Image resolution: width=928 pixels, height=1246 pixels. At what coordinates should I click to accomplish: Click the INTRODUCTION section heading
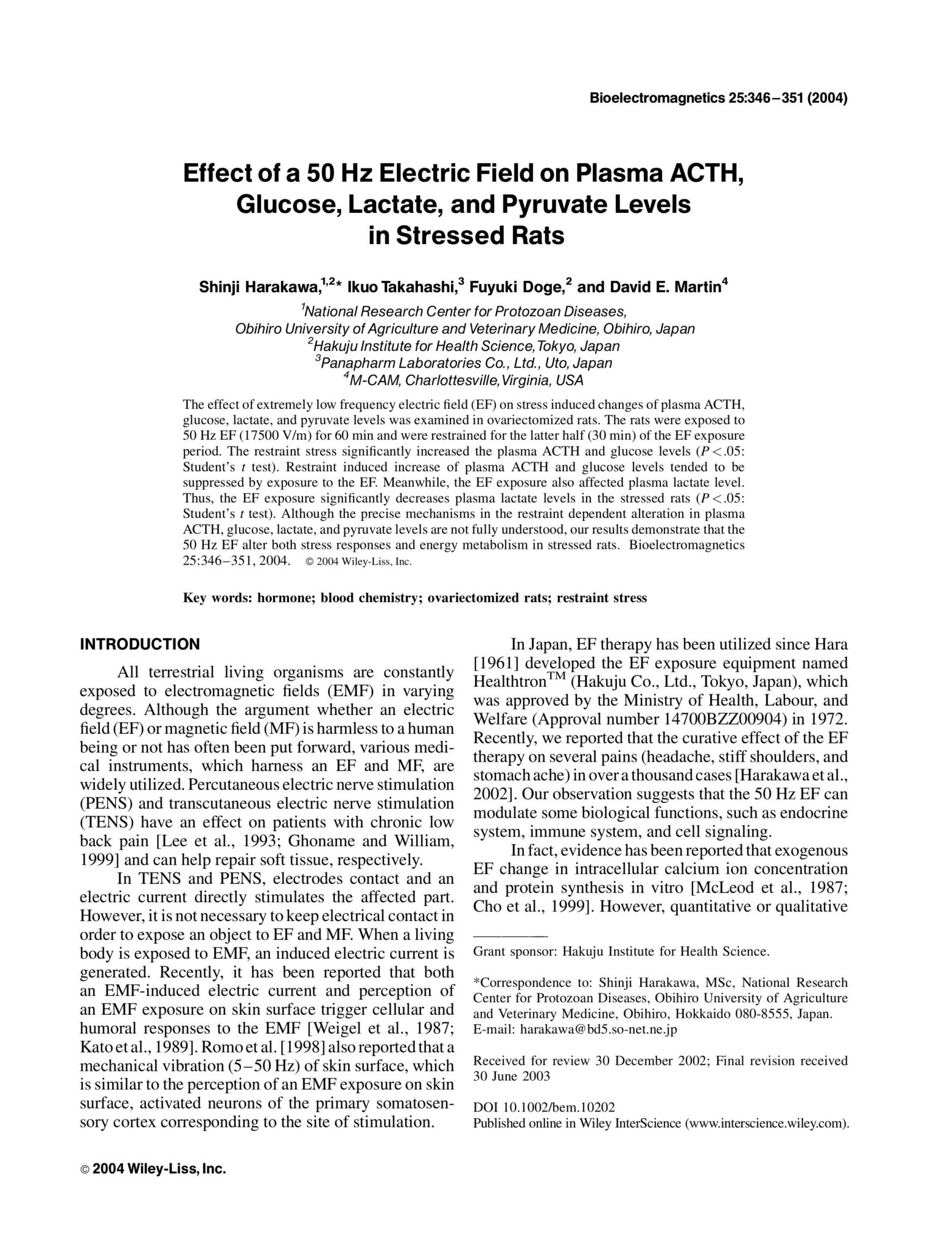tap(139, 644)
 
